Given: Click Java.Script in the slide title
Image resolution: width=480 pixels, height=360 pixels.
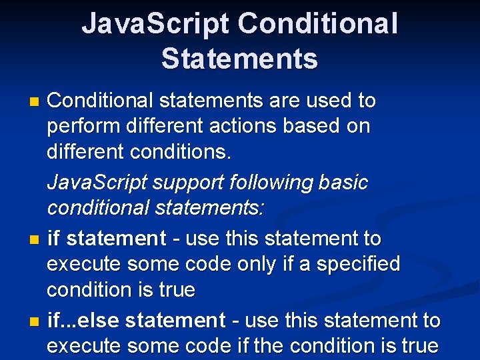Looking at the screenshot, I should coord(155,24).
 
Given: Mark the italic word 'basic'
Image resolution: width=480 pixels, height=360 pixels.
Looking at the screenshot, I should coord(342,182).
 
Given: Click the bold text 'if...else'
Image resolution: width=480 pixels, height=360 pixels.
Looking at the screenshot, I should coord(83,321).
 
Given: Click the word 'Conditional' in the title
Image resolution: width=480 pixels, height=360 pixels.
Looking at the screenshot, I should coord(317,24).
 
